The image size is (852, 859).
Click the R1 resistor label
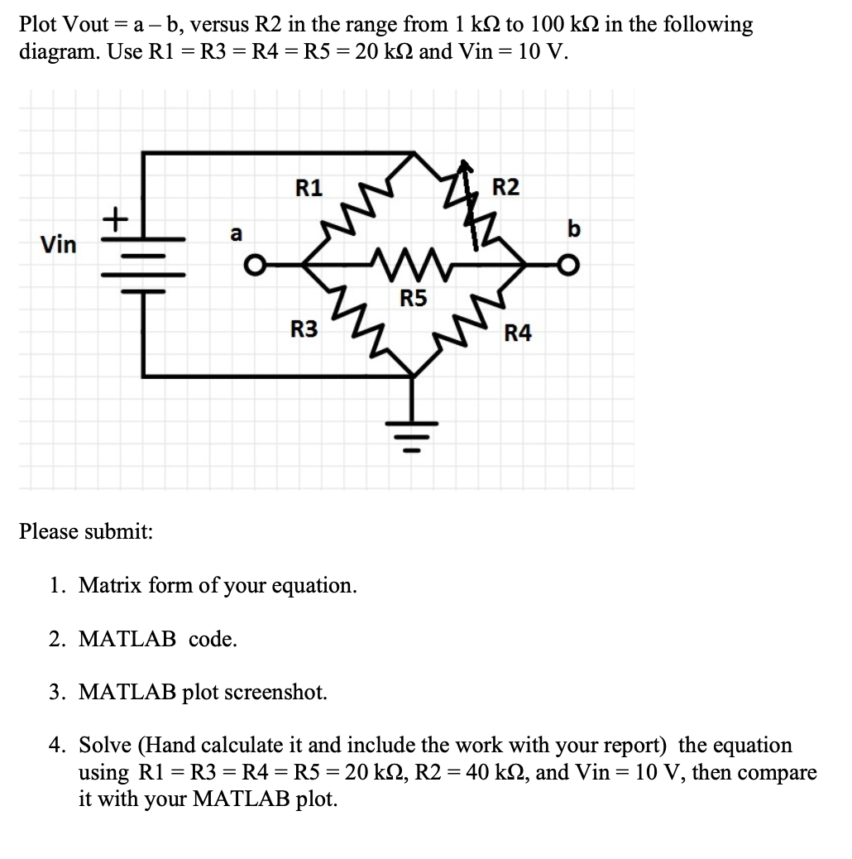click(309, 188)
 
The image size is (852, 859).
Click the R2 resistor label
click(506, 188)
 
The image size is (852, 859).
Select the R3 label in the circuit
click(304, 331)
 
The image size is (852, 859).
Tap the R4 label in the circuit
click(519, 334)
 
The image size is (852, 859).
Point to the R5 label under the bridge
click(414, 299)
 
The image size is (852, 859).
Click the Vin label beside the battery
click(59, 245)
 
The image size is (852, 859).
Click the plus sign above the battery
click(116, 219)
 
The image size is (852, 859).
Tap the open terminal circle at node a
click(258, 266)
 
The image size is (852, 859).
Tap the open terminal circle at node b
click(566, 266)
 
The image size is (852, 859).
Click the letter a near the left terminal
click(236, 234)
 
